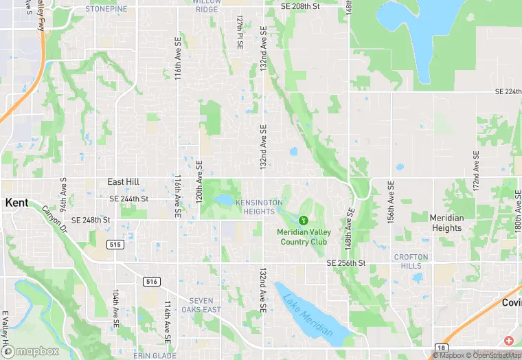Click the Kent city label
17,203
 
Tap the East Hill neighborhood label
124,182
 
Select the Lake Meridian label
308,315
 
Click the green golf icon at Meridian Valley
303,220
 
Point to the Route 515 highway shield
115,244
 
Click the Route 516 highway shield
152,281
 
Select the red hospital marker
508,341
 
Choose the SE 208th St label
301,6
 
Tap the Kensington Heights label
259,207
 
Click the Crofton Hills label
411,262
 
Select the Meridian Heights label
446,223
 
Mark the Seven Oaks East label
205,305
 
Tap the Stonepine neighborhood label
106,10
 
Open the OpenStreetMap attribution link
492,355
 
